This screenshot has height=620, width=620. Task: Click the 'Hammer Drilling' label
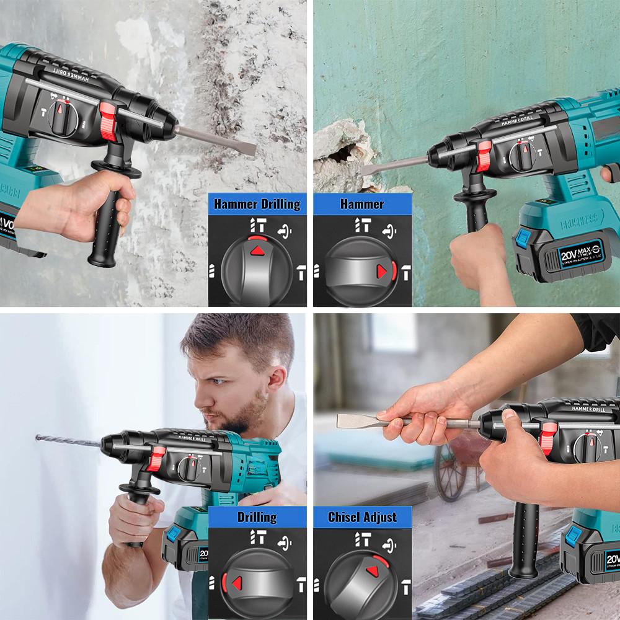coord(257,204)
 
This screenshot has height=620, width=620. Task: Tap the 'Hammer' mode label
coord(362,204)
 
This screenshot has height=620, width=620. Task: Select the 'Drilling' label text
coord(257,517)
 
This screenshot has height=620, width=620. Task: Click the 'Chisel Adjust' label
coord(362,517)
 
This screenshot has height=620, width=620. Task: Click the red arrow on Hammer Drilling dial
coord(257,250)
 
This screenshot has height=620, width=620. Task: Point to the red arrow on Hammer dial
coord(381,271)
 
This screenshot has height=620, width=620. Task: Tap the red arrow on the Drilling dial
coord(236,583)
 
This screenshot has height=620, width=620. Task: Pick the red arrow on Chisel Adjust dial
coord(373,571)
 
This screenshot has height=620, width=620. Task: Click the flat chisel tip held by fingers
coord(345,420)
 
